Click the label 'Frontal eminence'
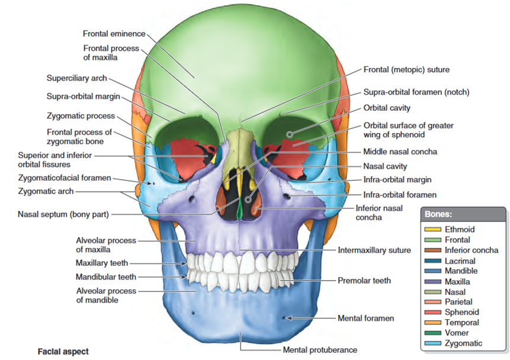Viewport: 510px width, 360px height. tap(114, 34)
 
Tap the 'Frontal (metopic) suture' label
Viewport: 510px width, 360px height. tap(406, 69)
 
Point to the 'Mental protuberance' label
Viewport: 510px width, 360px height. tap(320, 350)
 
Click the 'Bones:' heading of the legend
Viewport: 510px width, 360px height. tap(438, 214)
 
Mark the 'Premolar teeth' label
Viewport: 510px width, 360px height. tap(364, 280)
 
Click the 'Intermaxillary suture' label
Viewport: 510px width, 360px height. tap(374, 250)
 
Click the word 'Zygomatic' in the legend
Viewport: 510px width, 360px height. tap(463, 343)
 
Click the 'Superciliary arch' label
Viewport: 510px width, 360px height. tap(77, 78)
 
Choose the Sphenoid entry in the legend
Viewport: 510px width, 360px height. tap(461, 313)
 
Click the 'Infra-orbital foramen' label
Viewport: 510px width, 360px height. tap(400, 194)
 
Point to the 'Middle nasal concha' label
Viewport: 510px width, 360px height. tap(400, 152)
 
